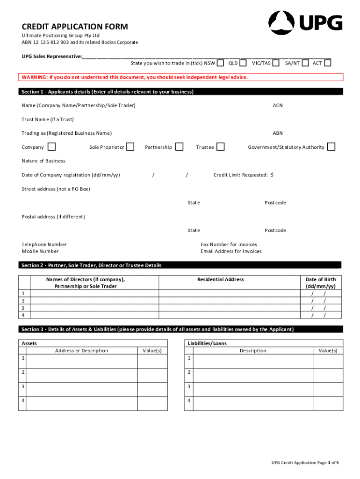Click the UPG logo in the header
point(305,22)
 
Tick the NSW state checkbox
point(220,63)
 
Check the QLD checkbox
point(243,63)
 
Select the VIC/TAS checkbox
point(276,63)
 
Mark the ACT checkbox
point(327,63)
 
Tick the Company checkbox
point(52,147)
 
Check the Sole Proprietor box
point(130,147)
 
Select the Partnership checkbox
point(179,147)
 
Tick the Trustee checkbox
point(220,147)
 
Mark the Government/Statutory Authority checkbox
point(331,147)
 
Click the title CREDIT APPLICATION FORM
point(75,27)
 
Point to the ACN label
point(278,105)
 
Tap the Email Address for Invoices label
point(231,251)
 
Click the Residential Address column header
point(220,279)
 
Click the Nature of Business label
point(43,161)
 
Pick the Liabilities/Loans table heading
point(207,343)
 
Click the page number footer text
point(305,463)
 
